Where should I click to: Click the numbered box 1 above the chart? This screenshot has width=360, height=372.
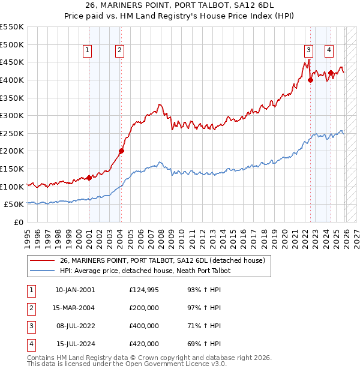pyautogui.click(x=88, y=51)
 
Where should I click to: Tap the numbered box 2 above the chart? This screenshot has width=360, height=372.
pyautogui.click(x=120, y=51)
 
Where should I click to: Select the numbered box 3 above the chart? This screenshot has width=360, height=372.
pyautogui.click(x=308, y=51)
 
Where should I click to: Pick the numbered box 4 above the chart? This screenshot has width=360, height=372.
pyautogui.click(x=329, y=51)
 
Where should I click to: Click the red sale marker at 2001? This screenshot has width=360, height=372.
pyautogui.click(x=89, y=178)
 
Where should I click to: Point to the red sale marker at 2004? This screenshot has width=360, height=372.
pyautogui.click(x=121, y=151)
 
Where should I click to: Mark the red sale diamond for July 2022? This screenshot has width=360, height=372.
pyautogui.click(x=310, y=80)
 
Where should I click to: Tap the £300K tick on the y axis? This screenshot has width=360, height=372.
pyautogui.click(x=12, y=115)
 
